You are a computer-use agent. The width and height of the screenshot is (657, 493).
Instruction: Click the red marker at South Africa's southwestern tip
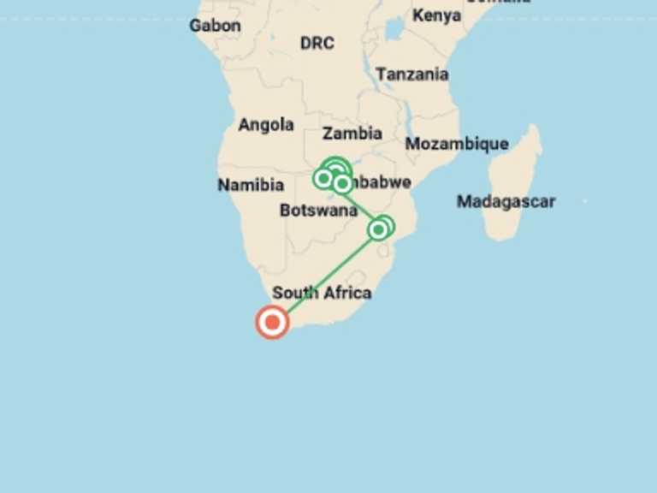[x=272, y=322]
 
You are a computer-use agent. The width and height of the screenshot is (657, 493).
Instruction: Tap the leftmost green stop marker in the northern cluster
[x=323, y=179]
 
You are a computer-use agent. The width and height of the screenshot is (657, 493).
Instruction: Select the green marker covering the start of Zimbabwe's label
[x=342, y=182]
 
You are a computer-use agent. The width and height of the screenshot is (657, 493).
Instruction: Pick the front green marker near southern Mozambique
[x=378, y=229]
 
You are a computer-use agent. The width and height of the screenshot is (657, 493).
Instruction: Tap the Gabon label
[x=215, y=25]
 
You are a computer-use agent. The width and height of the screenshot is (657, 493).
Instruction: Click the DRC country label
[x=317, y=43]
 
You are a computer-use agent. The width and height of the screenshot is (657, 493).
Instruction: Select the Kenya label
[x=436, y=15]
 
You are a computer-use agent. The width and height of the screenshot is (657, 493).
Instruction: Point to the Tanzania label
[x=411, y=74]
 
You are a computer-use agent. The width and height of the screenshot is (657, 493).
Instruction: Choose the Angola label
[x=266, y=125]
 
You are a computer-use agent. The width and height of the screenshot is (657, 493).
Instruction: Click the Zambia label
[x=352, y=133]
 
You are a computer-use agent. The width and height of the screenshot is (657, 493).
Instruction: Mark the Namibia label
[x=251, y=185]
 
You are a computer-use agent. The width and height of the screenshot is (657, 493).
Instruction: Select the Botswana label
[x=318, y=211]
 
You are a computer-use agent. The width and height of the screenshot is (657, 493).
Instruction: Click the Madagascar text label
[x=506, y=202]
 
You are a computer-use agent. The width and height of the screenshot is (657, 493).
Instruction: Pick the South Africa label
[x=322, y=293]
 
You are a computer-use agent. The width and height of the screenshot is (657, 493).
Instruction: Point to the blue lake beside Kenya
[x=394, y=29]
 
